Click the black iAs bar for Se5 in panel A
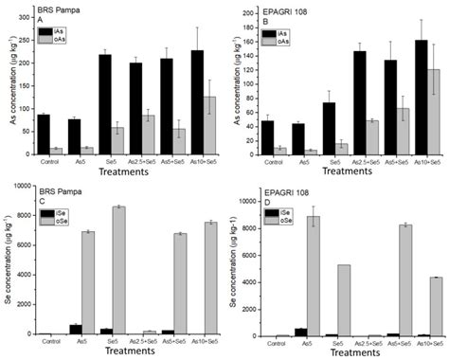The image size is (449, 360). click(108, 103)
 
